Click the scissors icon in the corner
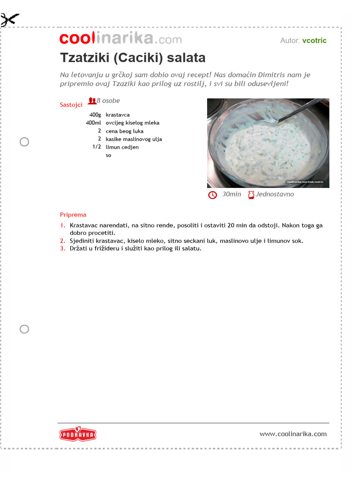point(10,20)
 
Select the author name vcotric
point(314,40)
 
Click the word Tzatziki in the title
point(85,58)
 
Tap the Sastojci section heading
point(71,105)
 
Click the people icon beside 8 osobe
point(92,101)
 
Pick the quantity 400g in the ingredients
point(95,115)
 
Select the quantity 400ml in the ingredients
point(93,123)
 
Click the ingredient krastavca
point(118,115)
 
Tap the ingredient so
point(109,155)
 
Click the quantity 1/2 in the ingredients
point(97,147)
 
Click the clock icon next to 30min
point(212,195)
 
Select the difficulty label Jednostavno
point(275,194)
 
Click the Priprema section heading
point(73,215)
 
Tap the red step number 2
point(62,241)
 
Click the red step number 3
point(62,248)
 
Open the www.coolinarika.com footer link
point(293,434)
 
